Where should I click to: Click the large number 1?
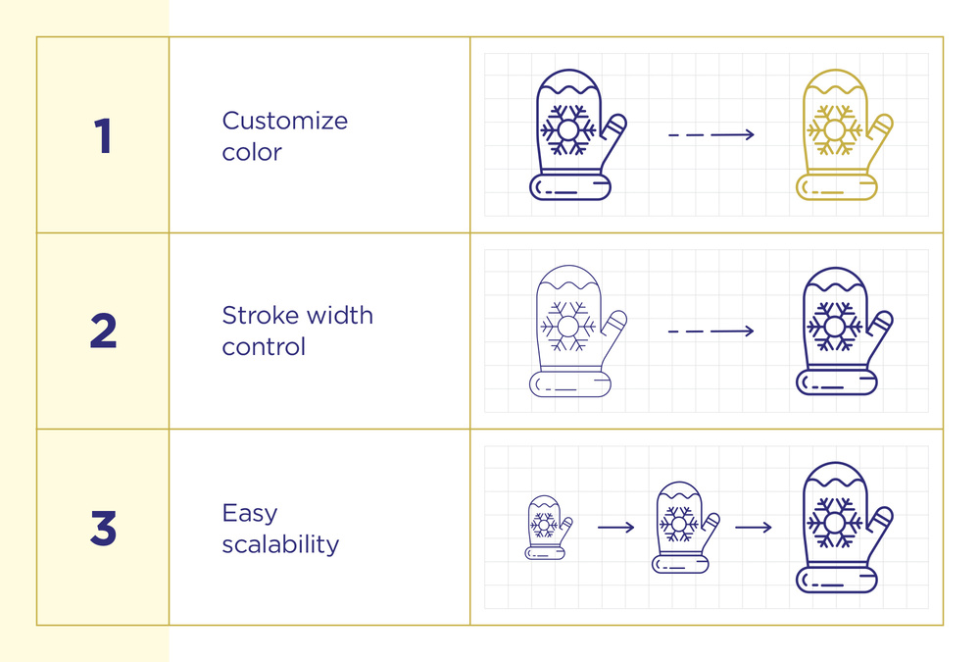pos(103,135)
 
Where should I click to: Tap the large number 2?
pos(103,331)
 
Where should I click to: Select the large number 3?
pos(103,528)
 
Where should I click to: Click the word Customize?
pos(285,120)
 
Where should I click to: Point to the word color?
pos(252,152)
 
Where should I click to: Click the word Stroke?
pos(259,315)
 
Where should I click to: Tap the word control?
pos(264,346)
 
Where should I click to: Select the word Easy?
pos(250,514)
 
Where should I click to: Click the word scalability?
pos(280,543)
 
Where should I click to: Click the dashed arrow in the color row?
pos(711,134)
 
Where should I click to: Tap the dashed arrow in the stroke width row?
pos(711,331)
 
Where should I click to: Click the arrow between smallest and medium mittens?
pos(615,528)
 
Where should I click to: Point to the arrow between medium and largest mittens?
pos(753,528)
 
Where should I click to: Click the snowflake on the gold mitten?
pos(834,130)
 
